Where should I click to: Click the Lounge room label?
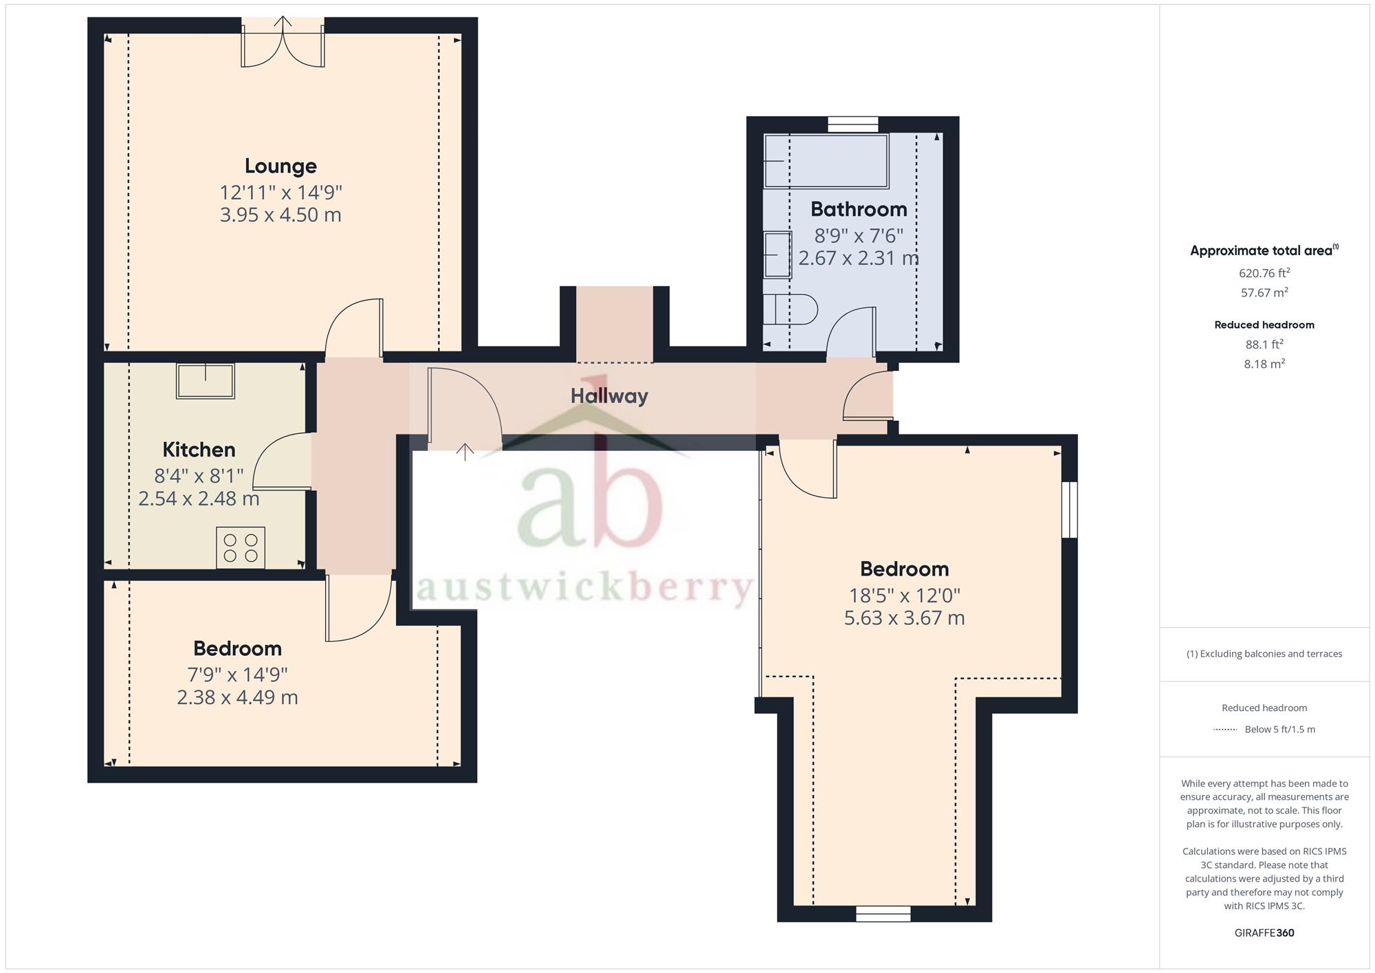point(280,166)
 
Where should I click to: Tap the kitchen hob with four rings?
point(241,547)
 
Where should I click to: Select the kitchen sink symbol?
point(205,381)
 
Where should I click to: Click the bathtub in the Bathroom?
point(826,161)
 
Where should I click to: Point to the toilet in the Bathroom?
point(791,309)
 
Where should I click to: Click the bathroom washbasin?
point(778,254)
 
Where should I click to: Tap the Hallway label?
point(609,396)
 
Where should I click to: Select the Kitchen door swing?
point(282,462)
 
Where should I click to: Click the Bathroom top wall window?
point(852,124)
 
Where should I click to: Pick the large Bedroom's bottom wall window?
point(883,913)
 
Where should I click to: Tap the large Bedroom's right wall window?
point(1069,510)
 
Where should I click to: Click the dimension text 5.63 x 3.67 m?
point(904,618)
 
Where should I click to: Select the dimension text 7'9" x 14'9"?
point(237,675)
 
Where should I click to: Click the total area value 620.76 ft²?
point(1264,273)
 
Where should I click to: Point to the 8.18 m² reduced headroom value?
point(1264,364)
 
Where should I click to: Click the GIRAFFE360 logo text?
point(1264,933)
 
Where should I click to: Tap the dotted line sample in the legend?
point(1224,730)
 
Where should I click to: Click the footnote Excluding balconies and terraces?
point(1264,654)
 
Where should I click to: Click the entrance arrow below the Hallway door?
point(465,452)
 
